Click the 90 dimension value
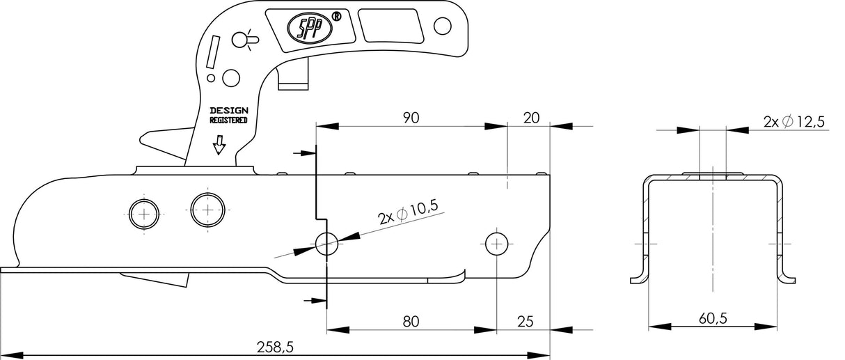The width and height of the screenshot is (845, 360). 411,118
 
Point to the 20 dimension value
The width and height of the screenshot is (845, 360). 531,118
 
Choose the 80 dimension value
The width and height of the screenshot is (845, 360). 411,321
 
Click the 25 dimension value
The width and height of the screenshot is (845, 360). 526,321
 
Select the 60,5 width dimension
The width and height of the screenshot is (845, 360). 713,318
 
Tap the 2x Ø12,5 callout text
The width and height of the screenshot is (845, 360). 793,122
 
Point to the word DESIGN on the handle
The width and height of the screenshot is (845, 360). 228,110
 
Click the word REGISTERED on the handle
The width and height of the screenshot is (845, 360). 228,120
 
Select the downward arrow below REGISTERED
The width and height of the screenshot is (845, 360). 219,143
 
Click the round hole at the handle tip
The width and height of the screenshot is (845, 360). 441,26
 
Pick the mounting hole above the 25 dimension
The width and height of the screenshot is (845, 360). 496,243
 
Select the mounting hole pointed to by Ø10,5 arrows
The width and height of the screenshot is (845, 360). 327,243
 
